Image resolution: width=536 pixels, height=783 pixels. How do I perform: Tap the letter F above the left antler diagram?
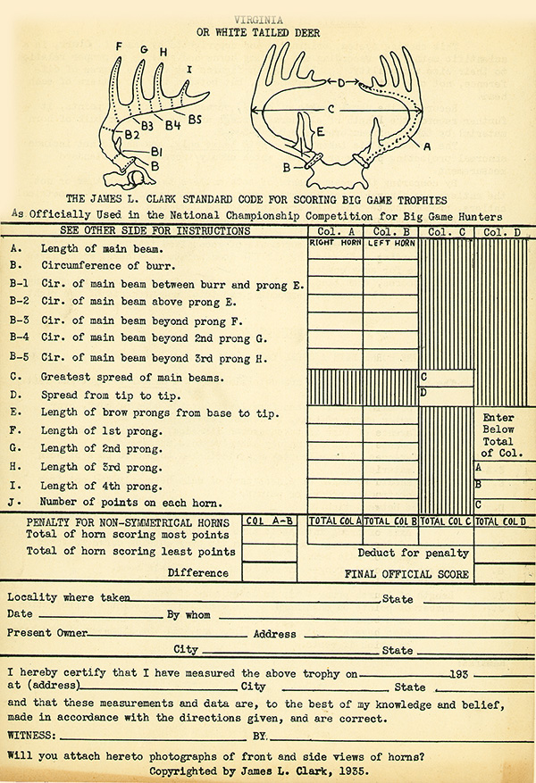point(119,46)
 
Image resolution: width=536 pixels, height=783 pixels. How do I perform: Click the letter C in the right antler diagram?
point(331,109)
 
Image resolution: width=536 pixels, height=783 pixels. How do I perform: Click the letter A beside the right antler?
point(426,144)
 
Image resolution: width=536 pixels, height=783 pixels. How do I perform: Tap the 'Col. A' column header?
point(334,232)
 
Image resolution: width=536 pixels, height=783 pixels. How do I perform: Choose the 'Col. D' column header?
point(504,232)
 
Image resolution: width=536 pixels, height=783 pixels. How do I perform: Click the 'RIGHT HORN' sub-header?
point(334,243)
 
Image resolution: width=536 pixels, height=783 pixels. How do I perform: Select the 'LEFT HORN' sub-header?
point(390,243)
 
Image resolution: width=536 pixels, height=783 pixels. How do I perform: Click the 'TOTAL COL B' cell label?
point(390,521)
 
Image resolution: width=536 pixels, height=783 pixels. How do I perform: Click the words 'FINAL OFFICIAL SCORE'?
point(407,574)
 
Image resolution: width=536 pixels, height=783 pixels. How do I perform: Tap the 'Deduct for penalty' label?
point(401,554)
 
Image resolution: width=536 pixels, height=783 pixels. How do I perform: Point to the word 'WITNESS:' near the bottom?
point(32,737)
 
